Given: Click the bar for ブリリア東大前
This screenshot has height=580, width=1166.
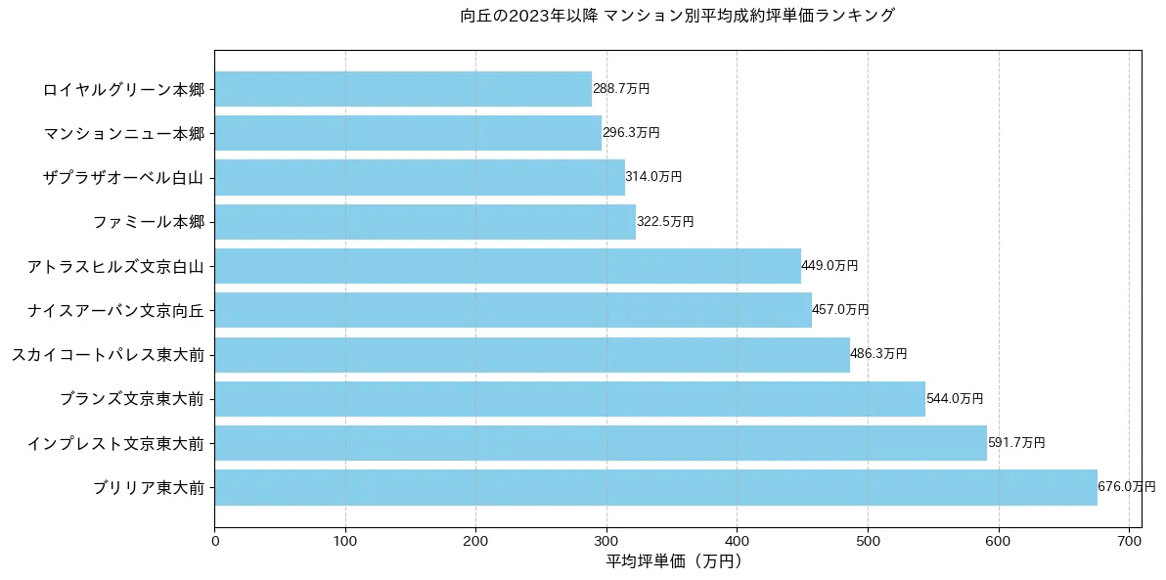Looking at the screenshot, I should [x=655, y=487].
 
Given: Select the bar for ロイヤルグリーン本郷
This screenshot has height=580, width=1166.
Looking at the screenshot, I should [x=403, y=89].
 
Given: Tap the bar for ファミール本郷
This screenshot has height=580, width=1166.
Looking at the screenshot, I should [x=425, y=222].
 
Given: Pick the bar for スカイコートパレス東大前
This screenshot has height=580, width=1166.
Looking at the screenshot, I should [x=531, y=354].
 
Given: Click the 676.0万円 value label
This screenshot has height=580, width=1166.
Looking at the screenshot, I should [x=1127, y=487].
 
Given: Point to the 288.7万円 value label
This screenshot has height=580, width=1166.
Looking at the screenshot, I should [x=621, y=89].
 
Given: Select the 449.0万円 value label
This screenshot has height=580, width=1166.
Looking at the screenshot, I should [x=830, y=266].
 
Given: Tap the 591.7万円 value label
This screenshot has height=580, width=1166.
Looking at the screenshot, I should [x=1016, y=443].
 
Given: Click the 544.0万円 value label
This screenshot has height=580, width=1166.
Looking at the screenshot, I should [x=955, y=399].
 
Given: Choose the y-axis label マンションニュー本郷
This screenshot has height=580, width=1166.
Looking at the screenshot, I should [x=124, y=133].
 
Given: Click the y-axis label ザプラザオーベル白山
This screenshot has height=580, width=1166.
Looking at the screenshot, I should [x=124, y=178].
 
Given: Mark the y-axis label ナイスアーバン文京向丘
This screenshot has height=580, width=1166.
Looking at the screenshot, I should [x=116, y=310].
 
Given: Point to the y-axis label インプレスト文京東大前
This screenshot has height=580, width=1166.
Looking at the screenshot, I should [x=116, y=443].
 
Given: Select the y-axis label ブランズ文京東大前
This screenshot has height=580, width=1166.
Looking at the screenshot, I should [x=132, y=399].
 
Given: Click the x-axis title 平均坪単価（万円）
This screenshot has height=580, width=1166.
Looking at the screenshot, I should [x=674, y=561].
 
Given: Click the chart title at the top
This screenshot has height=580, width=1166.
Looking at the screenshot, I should [x=677, y=16].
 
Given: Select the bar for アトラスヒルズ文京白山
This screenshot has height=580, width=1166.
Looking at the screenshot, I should [x=508, y=266].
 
